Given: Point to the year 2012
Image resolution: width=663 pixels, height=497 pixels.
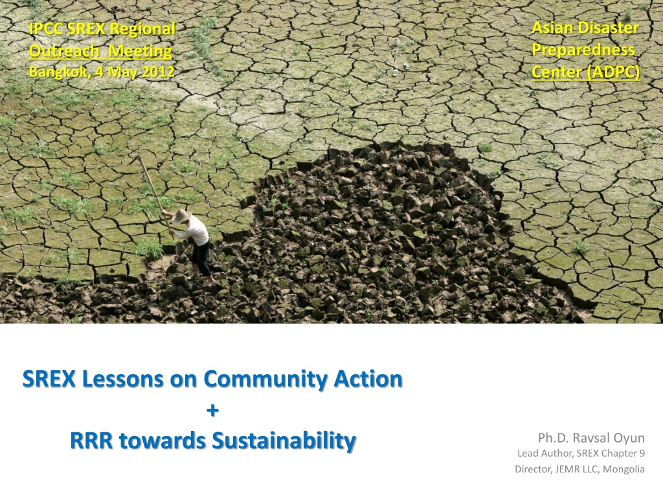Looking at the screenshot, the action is point(158,71).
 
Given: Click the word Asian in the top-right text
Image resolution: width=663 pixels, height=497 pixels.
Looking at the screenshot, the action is point(550,28).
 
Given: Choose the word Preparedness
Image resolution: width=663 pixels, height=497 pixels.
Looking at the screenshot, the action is point(583,50).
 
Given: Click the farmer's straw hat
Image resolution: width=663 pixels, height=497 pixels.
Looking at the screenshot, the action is point(181,215).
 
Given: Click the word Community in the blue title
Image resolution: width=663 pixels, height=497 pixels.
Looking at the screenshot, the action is point(265,379).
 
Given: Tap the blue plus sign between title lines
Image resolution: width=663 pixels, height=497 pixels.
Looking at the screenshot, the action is point(212,410).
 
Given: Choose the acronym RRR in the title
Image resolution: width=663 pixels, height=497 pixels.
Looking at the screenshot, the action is point(91,440).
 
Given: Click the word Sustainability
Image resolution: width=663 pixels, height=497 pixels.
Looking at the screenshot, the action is point(284,441).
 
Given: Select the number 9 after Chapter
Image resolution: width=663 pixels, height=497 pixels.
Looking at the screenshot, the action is point(642,454).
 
